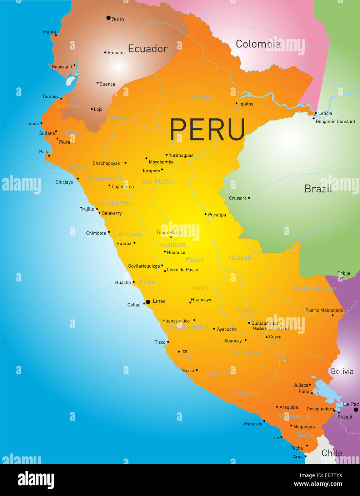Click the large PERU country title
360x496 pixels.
pos(207,129)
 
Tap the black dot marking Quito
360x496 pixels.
pos(109,18)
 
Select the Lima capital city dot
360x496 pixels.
pos(148,302)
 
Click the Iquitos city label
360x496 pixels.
pos(246,104)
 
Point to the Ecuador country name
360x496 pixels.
pos(147,49)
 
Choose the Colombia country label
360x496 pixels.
pos(258,44)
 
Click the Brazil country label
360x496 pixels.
pos(318,188)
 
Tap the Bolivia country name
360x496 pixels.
pos(342,371)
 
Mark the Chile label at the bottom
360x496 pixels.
pos(332,453)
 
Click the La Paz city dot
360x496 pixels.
pos(356,410)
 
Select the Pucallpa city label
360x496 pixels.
pos(217,215)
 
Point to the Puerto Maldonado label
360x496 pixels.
pos(324,310)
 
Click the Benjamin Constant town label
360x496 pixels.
pos(335,121)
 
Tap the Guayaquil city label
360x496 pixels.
pos(62,67)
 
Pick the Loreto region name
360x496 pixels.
pos(201,97)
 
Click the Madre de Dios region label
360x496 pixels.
pos(314,288)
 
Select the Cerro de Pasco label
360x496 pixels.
pos(182,270)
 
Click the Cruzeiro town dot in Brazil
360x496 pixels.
pos(249,198)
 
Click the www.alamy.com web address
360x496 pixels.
pos(318,484)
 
